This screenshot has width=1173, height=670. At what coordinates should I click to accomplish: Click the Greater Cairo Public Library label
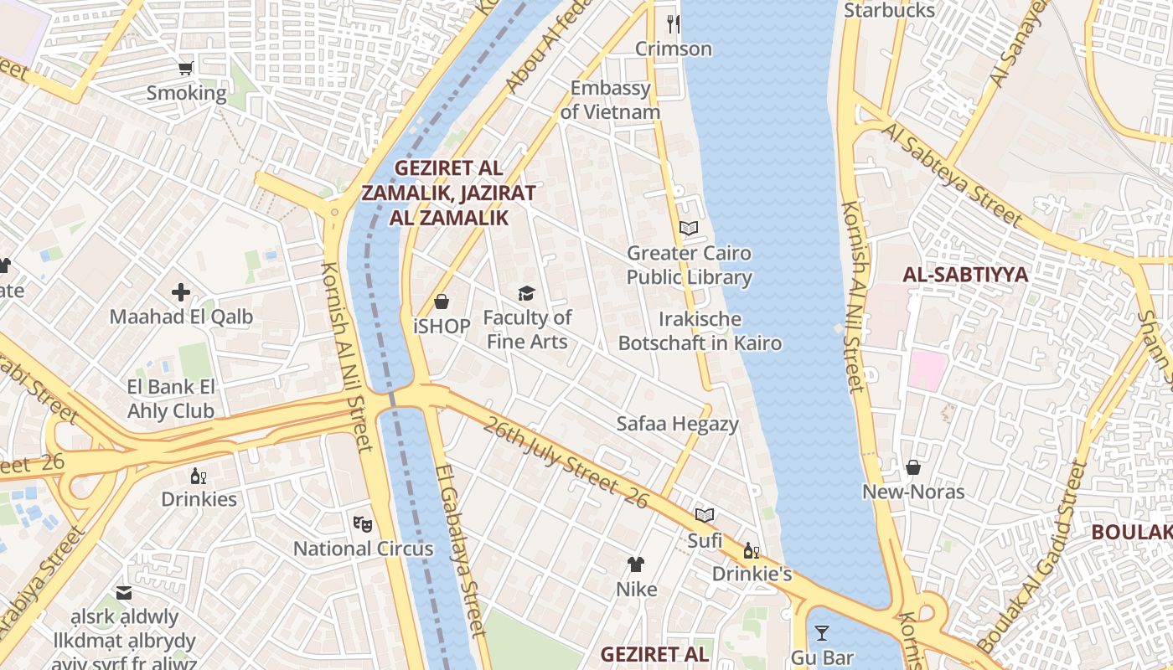point(689,265)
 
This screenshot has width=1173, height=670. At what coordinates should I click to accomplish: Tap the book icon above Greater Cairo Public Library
point(688,228)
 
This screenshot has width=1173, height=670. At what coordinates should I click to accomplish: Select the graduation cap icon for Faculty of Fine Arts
point(526,293)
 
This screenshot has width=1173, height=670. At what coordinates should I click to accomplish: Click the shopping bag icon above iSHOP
point(442,301)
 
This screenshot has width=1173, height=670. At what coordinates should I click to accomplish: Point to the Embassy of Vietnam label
point(610,100)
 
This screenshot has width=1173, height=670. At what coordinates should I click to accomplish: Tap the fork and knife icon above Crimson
point(673,23)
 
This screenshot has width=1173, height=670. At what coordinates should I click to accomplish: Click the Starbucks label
point(889,10)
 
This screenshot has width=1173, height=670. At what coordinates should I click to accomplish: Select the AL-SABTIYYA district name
point(965,274)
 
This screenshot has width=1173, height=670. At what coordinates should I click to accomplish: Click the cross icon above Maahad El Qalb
point(181,292)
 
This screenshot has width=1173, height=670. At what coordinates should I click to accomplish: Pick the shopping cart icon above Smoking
point(186,68)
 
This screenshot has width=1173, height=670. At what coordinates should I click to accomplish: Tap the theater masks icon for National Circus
point(362,524)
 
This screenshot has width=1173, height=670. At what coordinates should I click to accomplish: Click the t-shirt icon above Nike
point(636,564)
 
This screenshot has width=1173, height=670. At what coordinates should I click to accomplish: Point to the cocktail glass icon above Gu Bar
point(821,632)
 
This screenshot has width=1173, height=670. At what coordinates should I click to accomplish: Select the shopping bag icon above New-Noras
point(913,467)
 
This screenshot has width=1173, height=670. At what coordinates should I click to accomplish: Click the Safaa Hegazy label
point(678,424)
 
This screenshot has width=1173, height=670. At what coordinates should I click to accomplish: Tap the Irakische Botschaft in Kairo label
point(700,331)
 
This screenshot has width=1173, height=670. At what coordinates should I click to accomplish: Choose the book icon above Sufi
point(705,515)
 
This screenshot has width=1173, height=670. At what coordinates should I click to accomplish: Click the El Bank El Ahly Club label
point(171,399)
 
